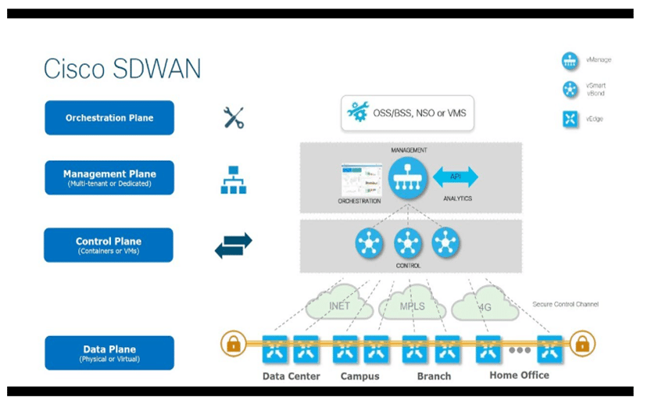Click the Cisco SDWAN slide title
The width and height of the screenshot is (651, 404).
[x=122, y=68]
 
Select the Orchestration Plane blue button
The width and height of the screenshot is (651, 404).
[x=109, y=118]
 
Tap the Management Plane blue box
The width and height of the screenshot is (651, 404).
[x=109, y=177]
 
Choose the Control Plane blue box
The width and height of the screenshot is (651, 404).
[x=109, y=245]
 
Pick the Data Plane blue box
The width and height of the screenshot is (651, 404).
[x=109, y=352]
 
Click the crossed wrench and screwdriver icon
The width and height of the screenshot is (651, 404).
[x=234, y=118]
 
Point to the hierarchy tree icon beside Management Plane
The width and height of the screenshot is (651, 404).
[x=233, y=179]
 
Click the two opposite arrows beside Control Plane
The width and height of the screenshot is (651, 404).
[x=234, y=245]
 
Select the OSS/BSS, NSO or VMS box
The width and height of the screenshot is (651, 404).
[x=407, y=113]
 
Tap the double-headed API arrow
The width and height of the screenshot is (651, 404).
[x=456, y=177]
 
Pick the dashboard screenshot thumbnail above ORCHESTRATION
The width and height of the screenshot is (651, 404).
[x=360, y=179]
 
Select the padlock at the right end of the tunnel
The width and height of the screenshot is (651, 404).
[x=581, y=344]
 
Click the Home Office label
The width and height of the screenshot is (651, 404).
[x=519, y=375]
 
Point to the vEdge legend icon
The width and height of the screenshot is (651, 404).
[x=571, y=119]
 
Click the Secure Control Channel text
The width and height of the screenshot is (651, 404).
[x=565, y=304]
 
